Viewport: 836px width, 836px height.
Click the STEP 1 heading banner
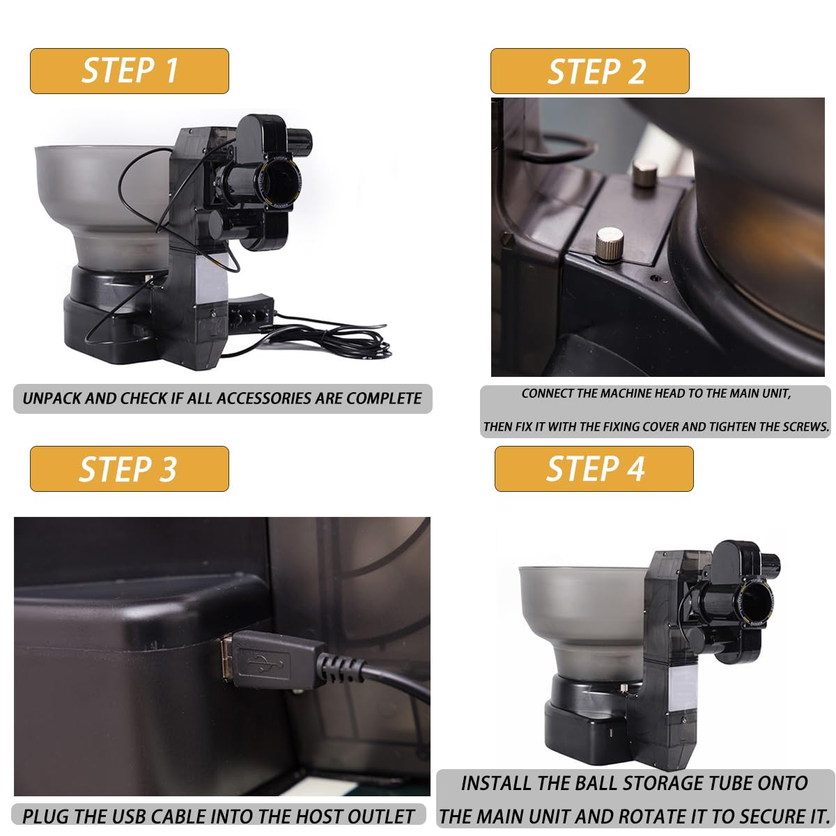point(130,71)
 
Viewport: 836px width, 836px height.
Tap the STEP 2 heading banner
point(589,71)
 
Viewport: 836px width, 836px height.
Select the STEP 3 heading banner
point(130,469)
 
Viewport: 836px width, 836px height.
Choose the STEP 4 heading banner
point(594,469)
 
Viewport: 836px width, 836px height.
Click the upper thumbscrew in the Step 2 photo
point(644,173)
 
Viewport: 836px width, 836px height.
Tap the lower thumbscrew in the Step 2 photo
point(609,245)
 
